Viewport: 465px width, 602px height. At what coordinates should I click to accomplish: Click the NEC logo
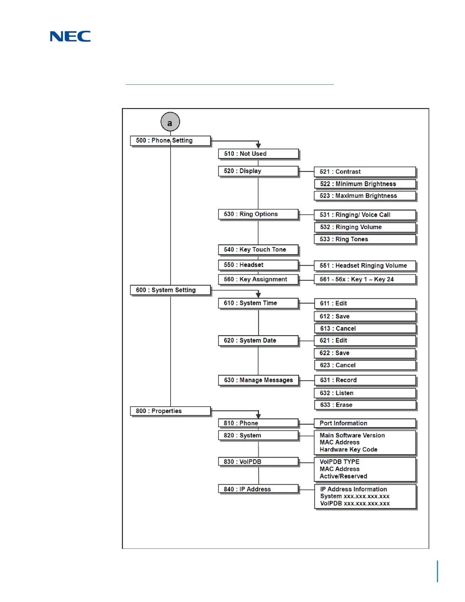pyautogui.click(x=70, y=36)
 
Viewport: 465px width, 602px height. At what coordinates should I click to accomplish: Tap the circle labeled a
pyautogui.click(x=170, y=122)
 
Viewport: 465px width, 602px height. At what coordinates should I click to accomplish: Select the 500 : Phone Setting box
pyautogui.click(x=170, y=141)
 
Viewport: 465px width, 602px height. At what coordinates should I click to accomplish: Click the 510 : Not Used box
pyautogui.click(x=258, y=154)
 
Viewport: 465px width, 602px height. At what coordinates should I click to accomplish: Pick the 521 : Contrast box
pyautogui.click(x=365, y=172)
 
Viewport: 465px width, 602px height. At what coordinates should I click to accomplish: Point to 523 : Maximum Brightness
pyautogui.click(x=365, y=196)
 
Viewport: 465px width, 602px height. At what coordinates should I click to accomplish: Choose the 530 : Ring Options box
pyautogui.click(x=258, y=214)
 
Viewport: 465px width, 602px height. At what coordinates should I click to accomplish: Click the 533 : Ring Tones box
pyautogui.click(x=365, y=239)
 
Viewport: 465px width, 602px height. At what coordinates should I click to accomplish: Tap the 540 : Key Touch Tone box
pyautogui.click(x=258, y=250)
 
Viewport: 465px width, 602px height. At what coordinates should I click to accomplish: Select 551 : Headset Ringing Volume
pyautogui.click(x=365, y=266)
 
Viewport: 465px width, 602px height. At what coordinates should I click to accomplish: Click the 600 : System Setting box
pyautogui.click(x=170, y=290)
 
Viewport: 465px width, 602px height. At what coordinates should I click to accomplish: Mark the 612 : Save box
pyautogui.click(x=365, y=317)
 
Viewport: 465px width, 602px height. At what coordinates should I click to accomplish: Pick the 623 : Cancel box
pyautogui.click(x=365, y=365)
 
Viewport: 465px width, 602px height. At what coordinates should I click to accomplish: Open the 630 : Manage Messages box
pyautogui.click(x=258, y=380)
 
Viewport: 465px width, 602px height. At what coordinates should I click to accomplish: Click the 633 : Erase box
pyautogui.click(x=365, y=405)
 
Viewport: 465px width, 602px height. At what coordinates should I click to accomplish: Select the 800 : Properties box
pyautogui.click(x=170, y=411)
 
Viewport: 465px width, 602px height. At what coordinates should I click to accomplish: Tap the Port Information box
pyautogui.click(x=365, y=423)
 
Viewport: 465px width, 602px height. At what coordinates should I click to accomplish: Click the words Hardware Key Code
pyautogui.click(x=348, y=450)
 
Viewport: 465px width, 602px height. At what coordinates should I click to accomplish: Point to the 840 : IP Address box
pyautogui.click(x=258, y=489)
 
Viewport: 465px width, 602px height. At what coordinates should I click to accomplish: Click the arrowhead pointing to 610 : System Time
pyautogui.click(x=258, y=295)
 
